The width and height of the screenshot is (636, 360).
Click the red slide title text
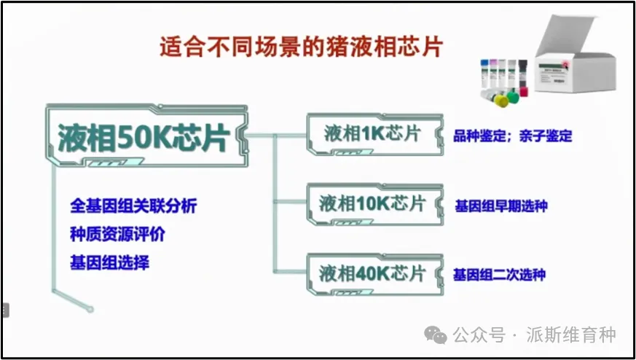click(300, 48)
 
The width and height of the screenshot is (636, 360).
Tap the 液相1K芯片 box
click(374, 134)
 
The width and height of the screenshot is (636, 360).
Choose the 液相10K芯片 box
click(374, 204)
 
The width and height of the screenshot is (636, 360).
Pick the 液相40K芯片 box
click(374, 274)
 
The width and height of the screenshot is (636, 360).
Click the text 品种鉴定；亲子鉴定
click(513, 136)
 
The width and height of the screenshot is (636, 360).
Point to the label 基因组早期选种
click(501, 206)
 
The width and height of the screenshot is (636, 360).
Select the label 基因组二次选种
click(499, 275)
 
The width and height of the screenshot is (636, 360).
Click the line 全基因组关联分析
click(133, 206)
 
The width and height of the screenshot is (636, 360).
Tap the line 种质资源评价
click(117, 235)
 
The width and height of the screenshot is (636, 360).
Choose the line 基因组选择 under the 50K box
click(109, 262)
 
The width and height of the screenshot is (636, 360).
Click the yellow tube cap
click(501, 101)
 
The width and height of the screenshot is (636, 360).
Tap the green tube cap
click(513, 97)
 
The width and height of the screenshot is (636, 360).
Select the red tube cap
click(524, 91)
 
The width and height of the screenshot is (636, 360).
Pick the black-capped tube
click(523, 73)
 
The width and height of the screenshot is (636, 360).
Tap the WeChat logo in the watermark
click(436, 336)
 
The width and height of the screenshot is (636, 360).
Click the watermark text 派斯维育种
click(571, 336)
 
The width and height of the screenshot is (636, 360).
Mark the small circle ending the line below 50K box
click(90, 310)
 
